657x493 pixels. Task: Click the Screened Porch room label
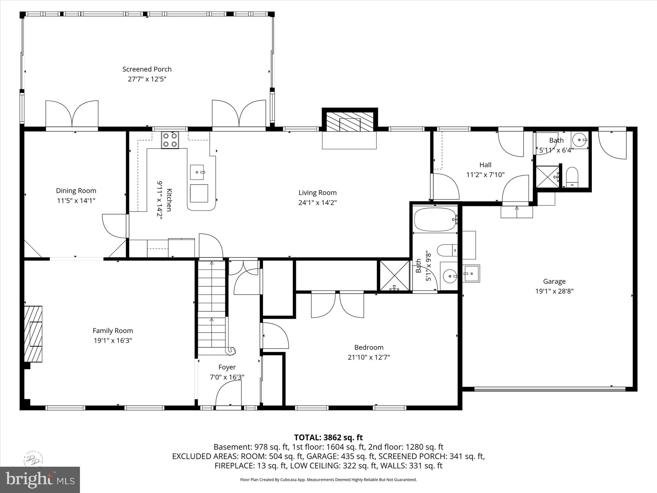point(147,69)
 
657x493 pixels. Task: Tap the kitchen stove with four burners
point(170,140)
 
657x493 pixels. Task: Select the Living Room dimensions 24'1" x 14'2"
point(317,203)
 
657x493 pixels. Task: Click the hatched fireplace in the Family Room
point(33,334)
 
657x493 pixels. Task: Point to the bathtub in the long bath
point(435,220)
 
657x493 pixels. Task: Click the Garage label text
point(554,281)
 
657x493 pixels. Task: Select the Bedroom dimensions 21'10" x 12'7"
point(369,357)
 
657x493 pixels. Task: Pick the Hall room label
point(485,165)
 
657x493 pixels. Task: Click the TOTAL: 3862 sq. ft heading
point(328,437)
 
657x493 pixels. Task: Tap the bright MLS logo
point(40,480)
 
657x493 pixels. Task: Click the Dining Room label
point(76,191)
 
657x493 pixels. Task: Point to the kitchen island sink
point(197,172)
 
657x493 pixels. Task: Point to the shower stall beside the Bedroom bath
point(394,275)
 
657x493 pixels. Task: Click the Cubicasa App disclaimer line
point(328,480)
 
